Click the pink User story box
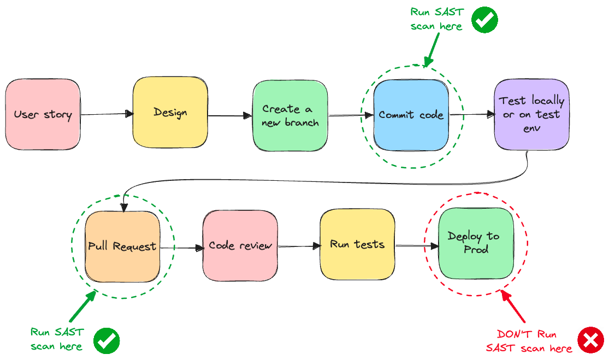click(x=43, y=115)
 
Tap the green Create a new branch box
click(x=290, y=116)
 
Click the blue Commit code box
click(x=411, y=115)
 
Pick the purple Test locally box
click(x=531, y=114)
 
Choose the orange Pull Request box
click(x=122, y=246)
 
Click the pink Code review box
click(x=240, y=246)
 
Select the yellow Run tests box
click(x=357, y=244)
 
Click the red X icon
click(x=590, y=340)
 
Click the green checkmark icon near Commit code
click(x=484, y=20)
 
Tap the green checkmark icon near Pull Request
click(x=107, y=341)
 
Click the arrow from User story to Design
click(x=107, y=114)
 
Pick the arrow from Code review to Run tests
click(x=299, y=246)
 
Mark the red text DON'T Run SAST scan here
click(x=529, y=341)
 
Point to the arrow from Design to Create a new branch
click(x=229, y=116)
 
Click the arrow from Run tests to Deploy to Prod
click(x=417, y=246)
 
